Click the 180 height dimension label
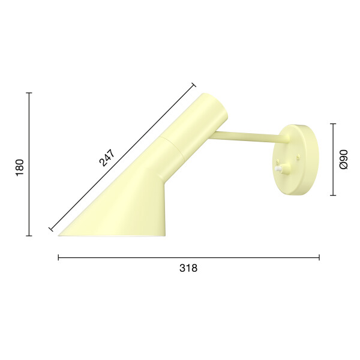pos(20,167)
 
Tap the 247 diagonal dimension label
pos(107,158)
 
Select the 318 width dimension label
pos(188,268)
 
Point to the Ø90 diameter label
pos(344,160)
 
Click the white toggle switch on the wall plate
pos(278,169)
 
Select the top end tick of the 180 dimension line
pos(29,93)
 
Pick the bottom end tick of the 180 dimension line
pos(29,236)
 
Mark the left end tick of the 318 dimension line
pos(59,257)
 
